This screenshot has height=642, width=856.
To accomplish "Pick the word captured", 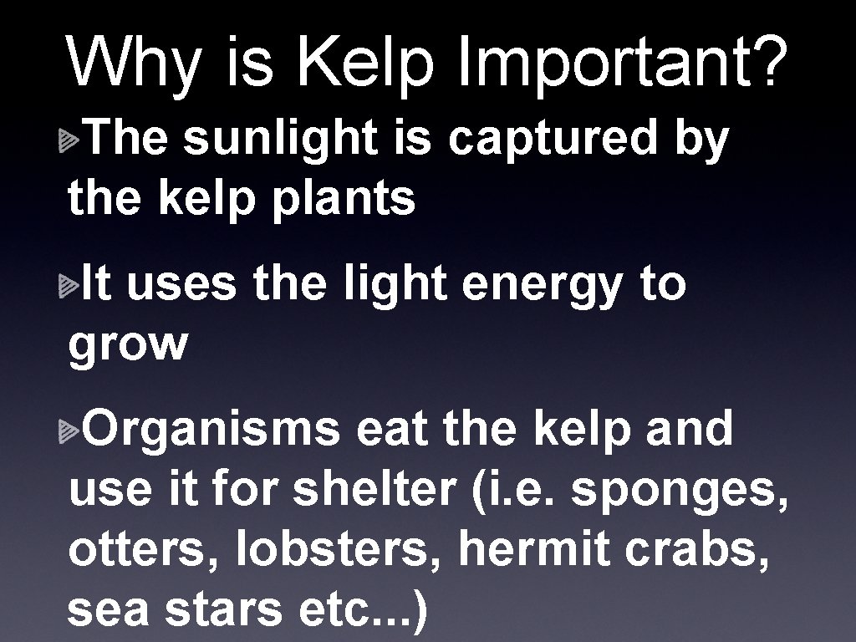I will point(553,139).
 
